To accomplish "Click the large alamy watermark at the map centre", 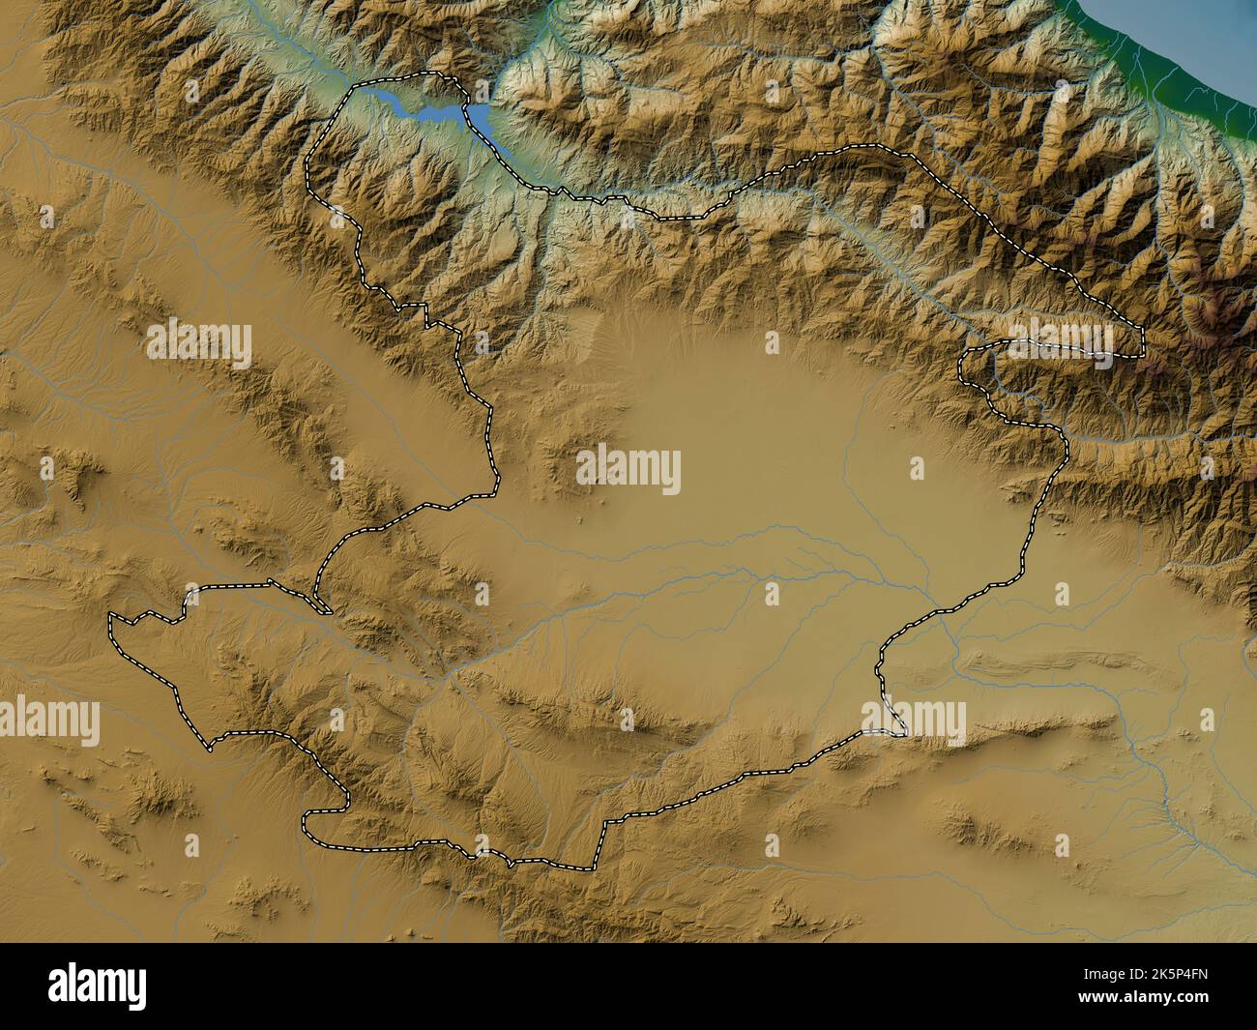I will (x=628, y=471).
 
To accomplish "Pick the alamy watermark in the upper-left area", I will (x=199, y=340).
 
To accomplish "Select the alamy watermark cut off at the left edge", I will (x=48, y=721).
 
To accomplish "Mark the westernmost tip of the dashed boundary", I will (x=110, y=616).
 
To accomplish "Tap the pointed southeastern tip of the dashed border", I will (x=905, y=734).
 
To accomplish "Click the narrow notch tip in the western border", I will (x=329, y=612).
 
